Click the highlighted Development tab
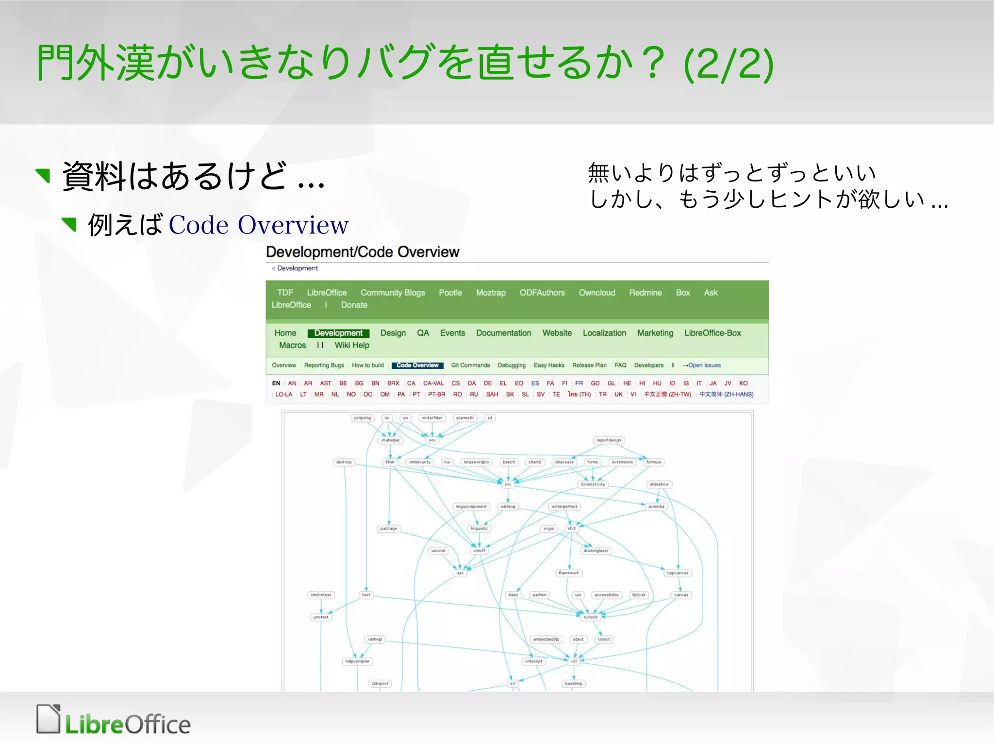(x=338, y=333)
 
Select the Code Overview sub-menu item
(x=417, y=365)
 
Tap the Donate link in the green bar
(x=354, y=305)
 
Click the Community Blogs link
(x=393, y=293)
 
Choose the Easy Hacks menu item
(x=549, y=365)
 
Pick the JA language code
(x=712, y=383)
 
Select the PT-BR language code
(x=436, y=395)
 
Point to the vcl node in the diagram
(x=574, y=661)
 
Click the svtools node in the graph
(x=591, y=617)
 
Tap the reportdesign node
(x=609, y=440)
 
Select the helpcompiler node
(x=357, y=661)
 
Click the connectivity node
(x=593, y=484)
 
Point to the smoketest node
(x=321, y=595)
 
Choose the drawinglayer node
(x=596, y=551)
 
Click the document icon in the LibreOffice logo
(x=49, y=719)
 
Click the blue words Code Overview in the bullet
(x=259, y=225)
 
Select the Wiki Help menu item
(x=352, y=345)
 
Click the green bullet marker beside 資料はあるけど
(x=44, y=175)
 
